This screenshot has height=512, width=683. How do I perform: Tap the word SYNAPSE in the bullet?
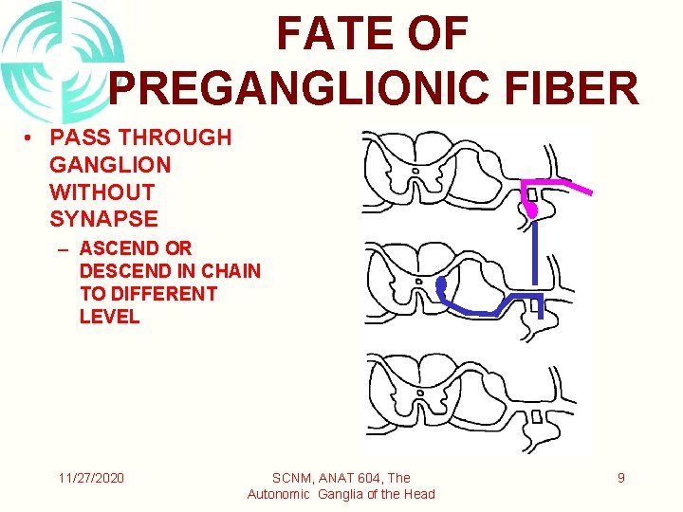[103, 219]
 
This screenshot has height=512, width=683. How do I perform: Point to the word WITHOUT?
[102, 192]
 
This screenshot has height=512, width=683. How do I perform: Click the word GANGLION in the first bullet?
[110, 165]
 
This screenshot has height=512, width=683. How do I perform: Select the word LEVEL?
[109, 317]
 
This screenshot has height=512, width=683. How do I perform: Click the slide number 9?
[620, 478]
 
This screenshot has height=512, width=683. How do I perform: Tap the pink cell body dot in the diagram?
[532, 209]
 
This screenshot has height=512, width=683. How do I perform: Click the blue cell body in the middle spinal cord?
[441, 284]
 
